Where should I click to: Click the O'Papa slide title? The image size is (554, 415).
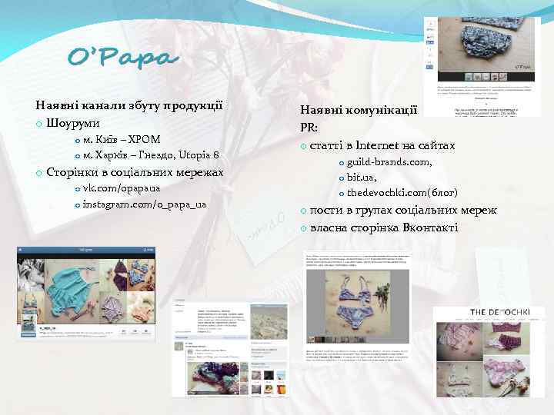click(123, 58)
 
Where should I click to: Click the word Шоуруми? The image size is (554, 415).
click(72, 123)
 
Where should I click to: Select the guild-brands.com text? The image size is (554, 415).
click(389, 162)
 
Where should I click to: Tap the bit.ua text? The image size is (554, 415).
click(362, 177)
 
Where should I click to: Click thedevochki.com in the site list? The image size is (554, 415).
click(385, 192)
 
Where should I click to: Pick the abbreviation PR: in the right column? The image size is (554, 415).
click(310, 128)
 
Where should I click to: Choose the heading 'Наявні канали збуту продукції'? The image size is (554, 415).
click(129, 105)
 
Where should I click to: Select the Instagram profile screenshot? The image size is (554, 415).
click(86, 294)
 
